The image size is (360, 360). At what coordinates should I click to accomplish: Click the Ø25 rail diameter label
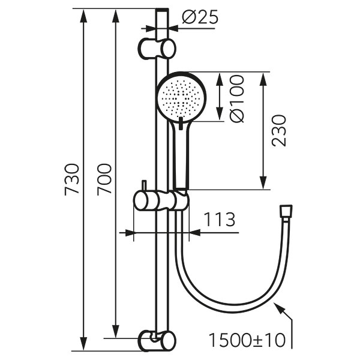200,17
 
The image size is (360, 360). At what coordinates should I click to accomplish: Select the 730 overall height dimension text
72,179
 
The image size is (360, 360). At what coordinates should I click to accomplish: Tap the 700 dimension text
104,179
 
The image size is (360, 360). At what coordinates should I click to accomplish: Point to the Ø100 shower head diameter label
236,99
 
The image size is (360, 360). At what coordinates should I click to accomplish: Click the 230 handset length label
279,131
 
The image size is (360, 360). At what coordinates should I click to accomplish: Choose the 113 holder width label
220,220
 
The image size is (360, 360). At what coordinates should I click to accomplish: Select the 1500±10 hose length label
247,340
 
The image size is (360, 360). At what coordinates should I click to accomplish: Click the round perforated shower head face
181,97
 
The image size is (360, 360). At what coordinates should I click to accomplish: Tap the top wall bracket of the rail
157,49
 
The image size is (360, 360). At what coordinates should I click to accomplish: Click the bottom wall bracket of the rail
157,341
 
